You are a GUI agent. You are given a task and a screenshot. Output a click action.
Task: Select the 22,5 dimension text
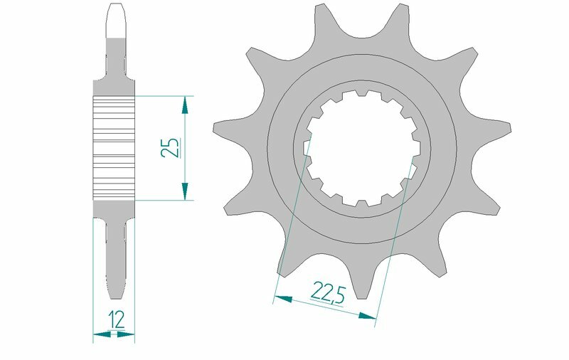tap(328, 292)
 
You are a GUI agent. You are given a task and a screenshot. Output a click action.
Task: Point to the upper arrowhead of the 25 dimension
tap(185, 105)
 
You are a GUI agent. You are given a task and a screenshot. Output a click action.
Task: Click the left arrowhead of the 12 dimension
tap(99, 332)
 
